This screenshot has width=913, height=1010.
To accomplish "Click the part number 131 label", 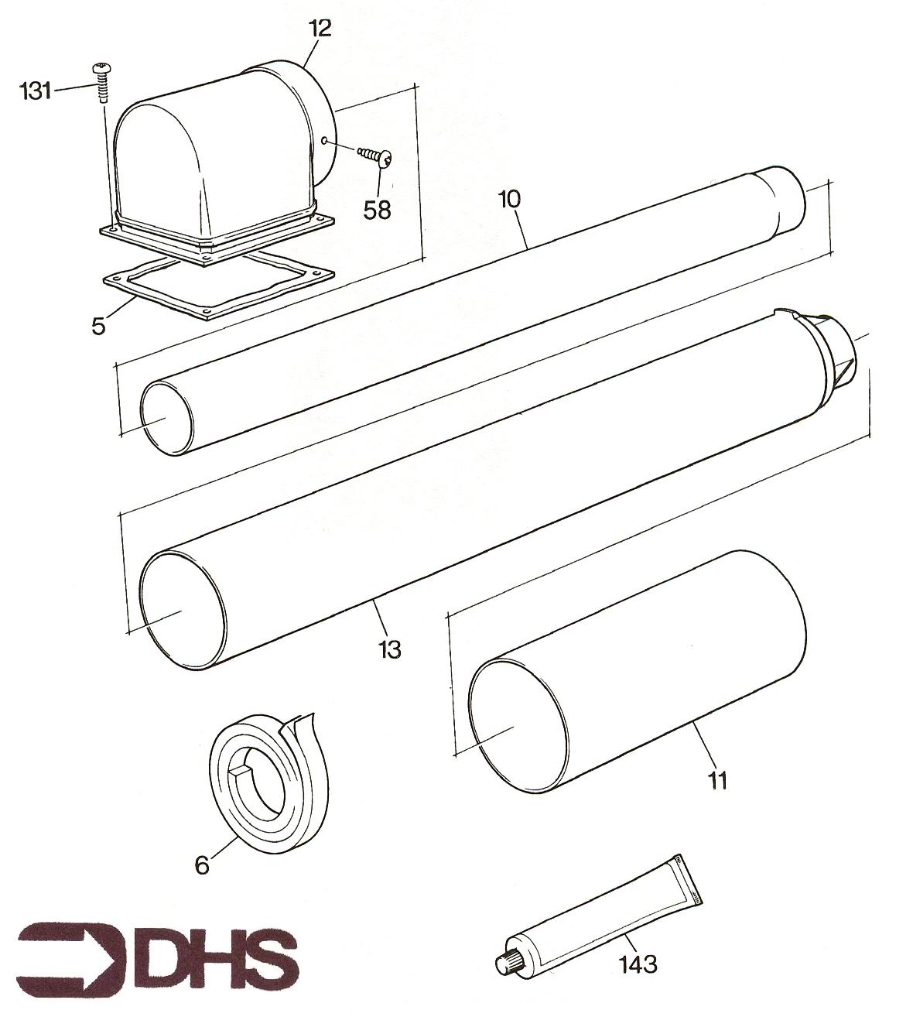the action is pos(36,91).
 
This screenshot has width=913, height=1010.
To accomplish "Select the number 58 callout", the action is pos(377,210).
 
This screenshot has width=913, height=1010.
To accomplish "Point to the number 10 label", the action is pos(510,200).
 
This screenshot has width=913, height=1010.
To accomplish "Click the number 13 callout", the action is pos(390,649).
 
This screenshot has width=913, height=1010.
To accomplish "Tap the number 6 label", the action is pos(201,865).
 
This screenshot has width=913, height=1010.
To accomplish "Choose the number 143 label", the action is pos(638,964).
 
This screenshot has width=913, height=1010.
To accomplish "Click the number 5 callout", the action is pos(99,327).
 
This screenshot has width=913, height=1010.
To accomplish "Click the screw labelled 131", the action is pos(102,83).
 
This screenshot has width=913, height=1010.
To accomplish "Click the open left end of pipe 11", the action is pos(518,726).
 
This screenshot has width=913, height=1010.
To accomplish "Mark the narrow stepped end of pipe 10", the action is pos(780,198).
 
